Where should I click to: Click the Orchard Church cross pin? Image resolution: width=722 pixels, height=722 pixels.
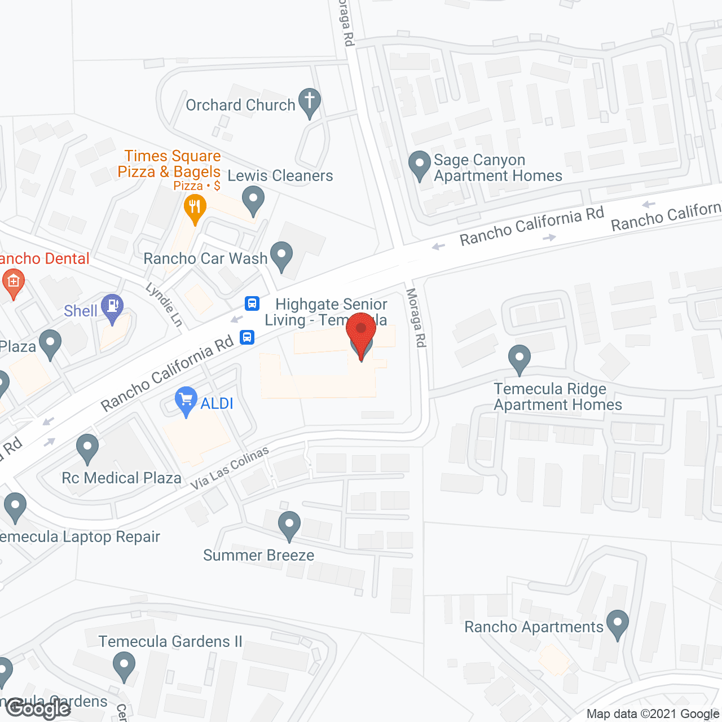309,102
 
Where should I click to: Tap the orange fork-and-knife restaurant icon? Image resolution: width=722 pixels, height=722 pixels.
195,207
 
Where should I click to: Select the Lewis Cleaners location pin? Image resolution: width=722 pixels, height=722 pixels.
253,200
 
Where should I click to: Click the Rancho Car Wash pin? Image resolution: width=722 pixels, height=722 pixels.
281,255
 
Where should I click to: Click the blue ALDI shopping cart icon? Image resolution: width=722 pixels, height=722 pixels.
186,400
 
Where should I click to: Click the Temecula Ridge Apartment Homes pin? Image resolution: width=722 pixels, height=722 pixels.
519,358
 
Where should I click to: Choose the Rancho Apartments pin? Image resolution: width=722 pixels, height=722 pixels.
618,623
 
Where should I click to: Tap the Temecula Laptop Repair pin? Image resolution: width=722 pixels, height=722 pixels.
15,506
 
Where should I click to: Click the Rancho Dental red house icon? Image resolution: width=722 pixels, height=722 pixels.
13,281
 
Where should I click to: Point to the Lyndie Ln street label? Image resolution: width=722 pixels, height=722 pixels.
164,305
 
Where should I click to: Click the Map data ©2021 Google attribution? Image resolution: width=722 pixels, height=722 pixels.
653,714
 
